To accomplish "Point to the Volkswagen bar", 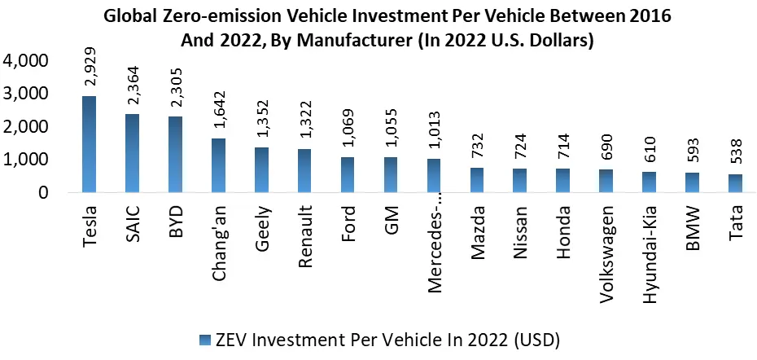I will tap(605, 182).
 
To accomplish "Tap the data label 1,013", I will tap(435, 133).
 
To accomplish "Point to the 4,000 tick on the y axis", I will tap(26, 61).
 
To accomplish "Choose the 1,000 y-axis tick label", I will tap(26, 160).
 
